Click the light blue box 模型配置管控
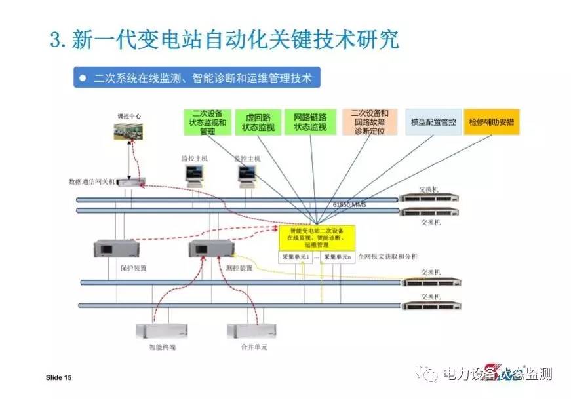[433, 122]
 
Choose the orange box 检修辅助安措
[491, 122]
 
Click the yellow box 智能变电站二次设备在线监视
[317, 238]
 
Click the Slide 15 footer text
[58, 378]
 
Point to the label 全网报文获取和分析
[387, 256]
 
